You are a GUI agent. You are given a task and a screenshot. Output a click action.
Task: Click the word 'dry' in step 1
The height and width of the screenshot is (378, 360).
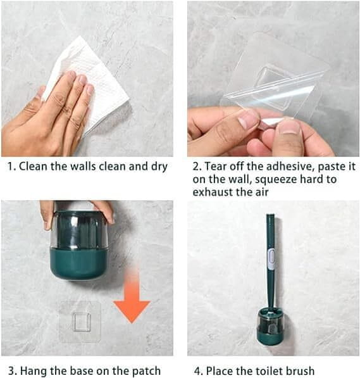click(x=159, y=167)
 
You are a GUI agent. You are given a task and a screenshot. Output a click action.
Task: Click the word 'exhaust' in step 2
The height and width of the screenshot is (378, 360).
click(x=213, y=192)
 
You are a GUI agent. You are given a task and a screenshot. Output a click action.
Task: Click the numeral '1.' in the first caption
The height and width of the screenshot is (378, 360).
click(x=11, y=167)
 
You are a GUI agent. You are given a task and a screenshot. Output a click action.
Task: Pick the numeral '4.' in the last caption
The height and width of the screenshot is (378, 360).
click(x=199, y=371)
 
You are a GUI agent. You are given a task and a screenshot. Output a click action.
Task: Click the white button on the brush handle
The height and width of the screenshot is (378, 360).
click(x=272, y=260)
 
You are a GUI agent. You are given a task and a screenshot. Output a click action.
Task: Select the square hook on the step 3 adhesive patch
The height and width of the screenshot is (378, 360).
click(x=82, y=322)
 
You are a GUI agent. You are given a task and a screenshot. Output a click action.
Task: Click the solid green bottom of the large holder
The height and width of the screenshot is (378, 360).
click(x=79, y=264)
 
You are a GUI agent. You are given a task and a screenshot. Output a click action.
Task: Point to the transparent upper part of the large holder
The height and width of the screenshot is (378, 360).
click(x=79, y=230)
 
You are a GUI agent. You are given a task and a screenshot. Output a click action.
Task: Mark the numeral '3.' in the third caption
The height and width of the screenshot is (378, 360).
click(x=13, y=371)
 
